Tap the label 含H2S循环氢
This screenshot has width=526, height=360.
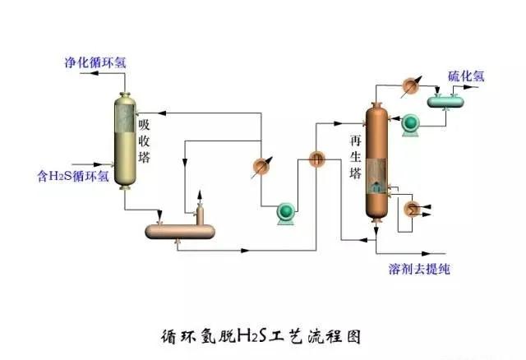tap(73, 174)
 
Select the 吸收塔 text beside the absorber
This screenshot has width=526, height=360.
tap(145, 140)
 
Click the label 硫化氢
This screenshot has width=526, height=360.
tap(465, 76)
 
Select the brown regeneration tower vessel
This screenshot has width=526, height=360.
tap(376, 160)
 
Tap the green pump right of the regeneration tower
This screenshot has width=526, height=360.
tap(408, 123)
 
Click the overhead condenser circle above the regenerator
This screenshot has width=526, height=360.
tap(411, 84)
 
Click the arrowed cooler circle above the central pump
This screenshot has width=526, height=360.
tap(261, 166)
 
